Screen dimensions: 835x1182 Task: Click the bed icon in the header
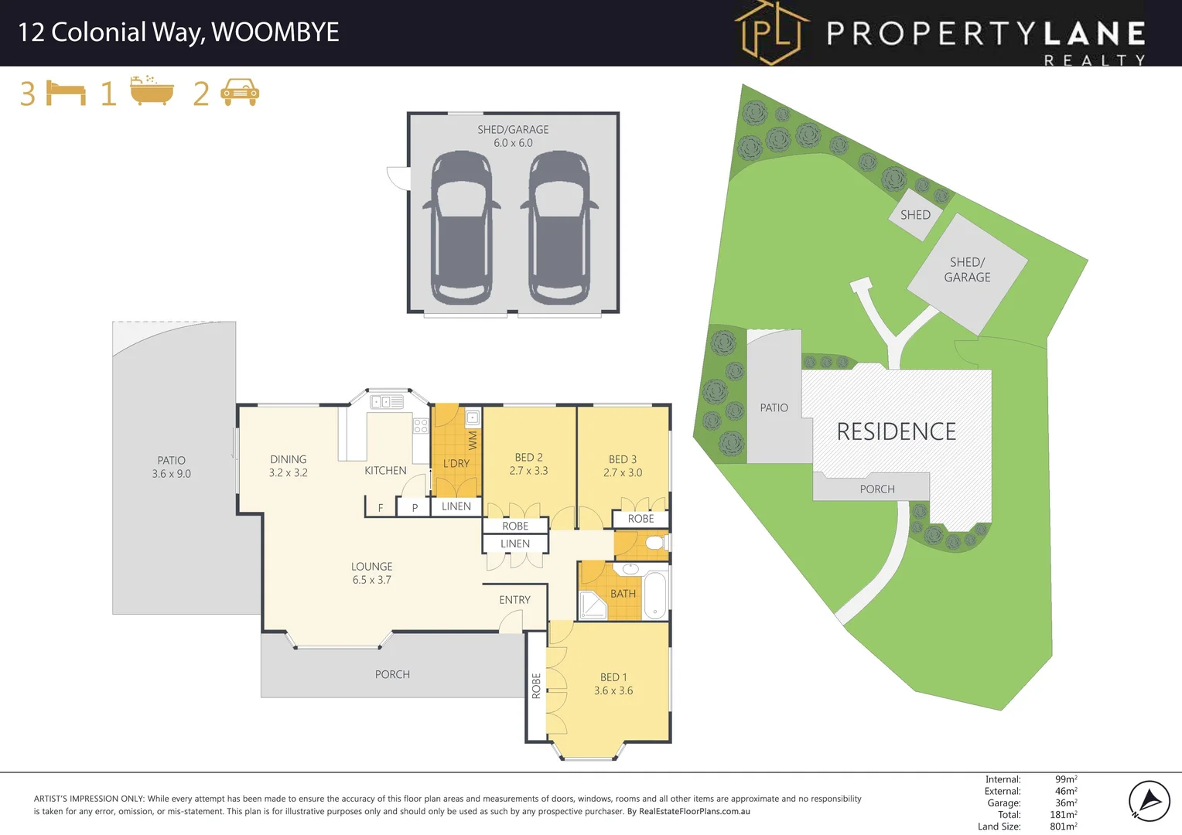point(66,93)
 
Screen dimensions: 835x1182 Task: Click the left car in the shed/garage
point(462,227)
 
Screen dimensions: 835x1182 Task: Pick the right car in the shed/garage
point(559,227)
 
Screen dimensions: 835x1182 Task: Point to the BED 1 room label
point(613,677)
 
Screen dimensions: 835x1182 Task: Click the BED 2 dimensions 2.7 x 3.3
point(528,470)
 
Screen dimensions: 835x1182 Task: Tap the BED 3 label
point(623,459)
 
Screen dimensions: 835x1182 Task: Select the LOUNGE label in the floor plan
point(372,567)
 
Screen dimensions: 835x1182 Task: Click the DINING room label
point(289,459)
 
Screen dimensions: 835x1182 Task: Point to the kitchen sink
point(387,402)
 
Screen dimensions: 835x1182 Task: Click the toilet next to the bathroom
point(656,544)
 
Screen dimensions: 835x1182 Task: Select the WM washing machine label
point(473,441)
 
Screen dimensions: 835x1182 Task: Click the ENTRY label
point(514,600)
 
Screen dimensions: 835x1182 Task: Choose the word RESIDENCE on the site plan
point(896,431)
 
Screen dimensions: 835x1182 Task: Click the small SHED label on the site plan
point(915,215)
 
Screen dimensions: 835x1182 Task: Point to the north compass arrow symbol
point(1149,800)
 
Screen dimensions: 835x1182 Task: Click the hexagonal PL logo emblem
point(771,32)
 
